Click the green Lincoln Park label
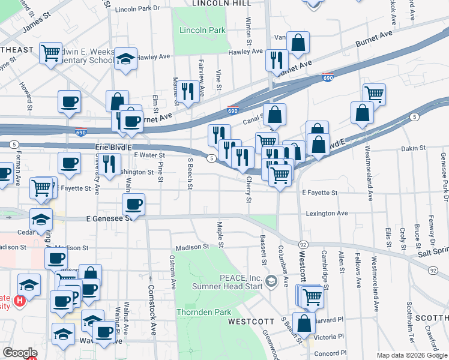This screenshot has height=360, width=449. click(199, 30)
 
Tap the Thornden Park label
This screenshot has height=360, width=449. click(203, 312)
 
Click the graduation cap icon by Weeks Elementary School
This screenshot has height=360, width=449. click(125, 59)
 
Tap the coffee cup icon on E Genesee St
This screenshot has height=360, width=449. click(134, 205)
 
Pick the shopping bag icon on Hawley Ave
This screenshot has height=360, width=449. click(298, 43)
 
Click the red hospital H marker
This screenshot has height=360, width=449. click(20, 300)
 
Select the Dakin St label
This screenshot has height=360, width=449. click(414, 148)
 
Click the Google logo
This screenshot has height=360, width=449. click(20, 353)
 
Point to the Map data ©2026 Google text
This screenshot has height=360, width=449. click(411, 355)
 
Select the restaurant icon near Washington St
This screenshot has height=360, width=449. click(109, 163)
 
